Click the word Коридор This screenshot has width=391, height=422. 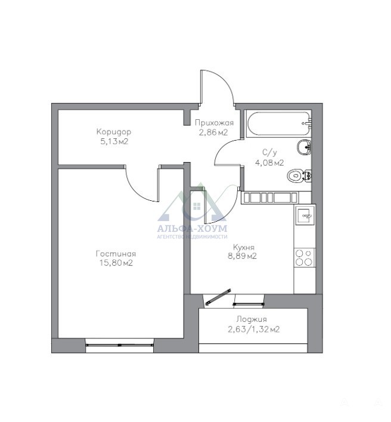click(x=114, y=132)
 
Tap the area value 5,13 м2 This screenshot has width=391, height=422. click(x=114, y=141)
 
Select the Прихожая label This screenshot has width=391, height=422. click(x=214, y=123)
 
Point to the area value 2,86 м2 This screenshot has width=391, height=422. click(x=213, y=132)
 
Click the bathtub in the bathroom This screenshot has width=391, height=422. click(x=279, y=123)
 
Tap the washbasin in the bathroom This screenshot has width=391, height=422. click(x=304, y=147)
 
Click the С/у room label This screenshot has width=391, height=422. click(x=269, y=153)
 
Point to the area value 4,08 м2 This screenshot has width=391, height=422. click(x=269, y=163)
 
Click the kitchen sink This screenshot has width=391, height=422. click(x=305, y=215)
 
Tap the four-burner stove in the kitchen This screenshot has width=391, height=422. click(x=305, y=257)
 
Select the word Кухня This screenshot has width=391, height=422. click(x=244, y=247)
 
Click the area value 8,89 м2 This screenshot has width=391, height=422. click(x=243, y=256)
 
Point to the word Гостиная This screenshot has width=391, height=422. click(x=116, y=253)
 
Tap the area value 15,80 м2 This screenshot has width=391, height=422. click(x=116, y=263)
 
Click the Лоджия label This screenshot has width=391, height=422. click(x=252, y=319)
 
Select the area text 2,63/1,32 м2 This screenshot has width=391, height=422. click(x=254, y=329)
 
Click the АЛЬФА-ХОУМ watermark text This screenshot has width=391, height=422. click(x=192, y=229)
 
